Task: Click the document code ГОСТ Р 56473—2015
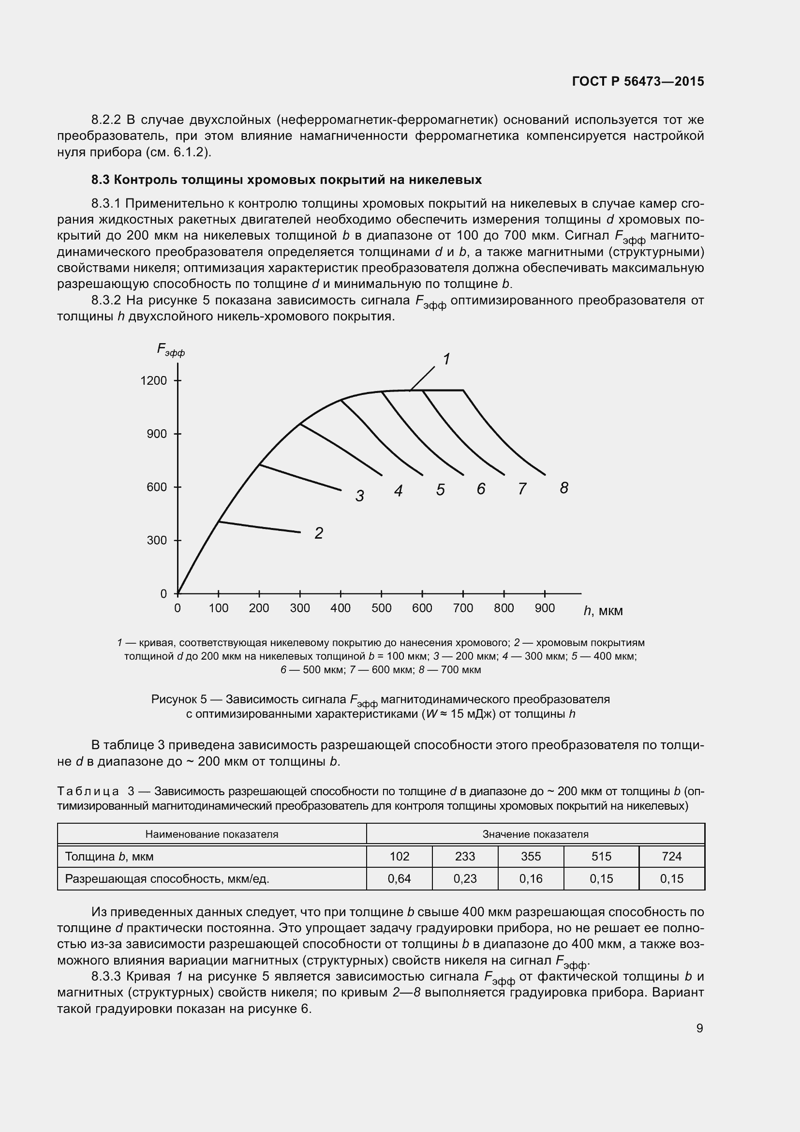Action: point(638,81)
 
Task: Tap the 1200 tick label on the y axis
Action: point(154,380)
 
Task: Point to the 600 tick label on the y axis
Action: point(157,487)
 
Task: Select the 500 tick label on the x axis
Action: point(381,608)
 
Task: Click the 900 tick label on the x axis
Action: point(544,608)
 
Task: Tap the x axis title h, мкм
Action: point(603,611)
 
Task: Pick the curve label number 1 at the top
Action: point(446,359)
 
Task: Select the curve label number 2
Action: point(319,533)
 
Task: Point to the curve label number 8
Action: point(564,488)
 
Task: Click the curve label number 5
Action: point(441,490)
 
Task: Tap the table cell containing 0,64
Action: point(399,878)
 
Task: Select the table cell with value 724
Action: point(671,856)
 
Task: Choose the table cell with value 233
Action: point(464,856)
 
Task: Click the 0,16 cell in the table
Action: point(531,878)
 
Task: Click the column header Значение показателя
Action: point(535,834)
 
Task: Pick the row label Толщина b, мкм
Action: point(109,857)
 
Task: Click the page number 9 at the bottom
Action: point(699,1028)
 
